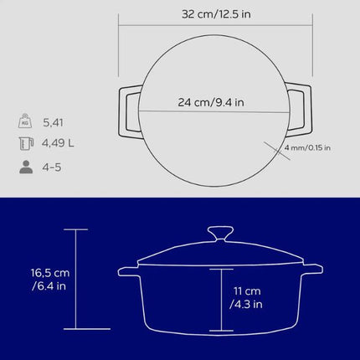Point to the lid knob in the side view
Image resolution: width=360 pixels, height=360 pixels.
(x=221, y=232)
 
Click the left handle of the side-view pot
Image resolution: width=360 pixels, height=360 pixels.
(x=128, y=270)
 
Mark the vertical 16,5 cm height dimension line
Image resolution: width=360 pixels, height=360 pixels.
(x=76, y=280)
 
